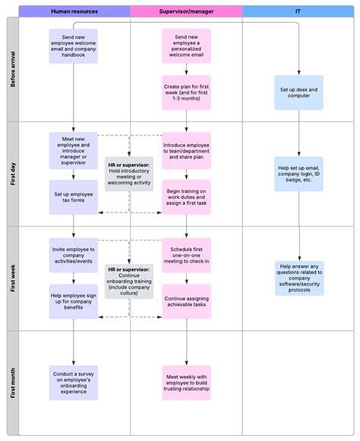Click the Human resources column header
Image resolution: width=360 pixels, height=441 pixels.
74,11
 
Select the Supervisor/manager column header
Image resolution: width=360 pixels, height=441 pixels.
186,11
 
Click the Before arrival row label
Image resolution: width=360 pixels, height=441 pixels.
12,70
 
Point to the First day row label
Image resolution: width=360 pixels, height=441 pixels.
12,174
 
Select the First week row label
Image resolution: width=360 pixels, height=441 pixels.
12,278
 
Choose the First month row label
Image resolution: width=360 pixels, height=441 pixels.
12,382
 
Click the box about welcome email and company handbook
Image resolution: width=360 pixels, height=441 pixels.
74,46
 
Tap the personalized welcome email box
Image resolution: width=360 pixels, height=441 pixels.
186,46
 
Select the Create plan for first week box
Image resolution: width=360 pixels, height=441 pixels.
186,93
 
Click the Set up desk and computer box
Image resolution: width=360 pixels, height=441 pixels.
298,93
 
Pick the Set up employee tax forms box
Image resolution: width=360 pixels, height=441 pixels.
74,197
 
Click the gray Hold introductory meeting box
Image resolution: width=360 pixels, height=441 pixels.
129,174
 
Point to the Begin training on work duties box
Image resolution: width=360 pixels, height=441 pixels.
186,197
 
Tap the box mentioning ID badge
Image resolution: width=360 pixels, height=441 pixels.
298,174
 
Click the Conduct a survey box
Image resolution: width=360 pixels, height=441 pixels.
74,382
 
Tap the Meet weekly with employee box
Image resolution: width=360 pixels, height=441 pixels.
186,382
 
